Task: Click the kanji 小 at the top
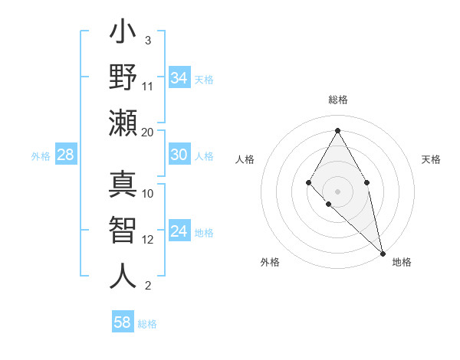123,34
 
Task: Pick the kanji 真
123,186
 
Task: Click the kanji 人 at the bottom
123,276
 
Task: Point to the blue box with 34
179,77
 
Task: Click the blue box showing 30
179,155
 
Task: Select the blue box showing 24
179,231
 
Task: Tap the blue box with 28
66,155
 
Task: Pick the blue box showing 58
123,322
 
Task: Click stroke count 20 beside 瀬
148,133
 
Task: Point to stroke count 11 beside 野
148,86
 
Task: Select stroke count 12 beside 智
148,240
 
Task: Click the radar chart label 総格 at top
337,100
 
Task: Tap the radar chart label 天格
431,159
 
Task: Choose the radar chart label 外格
270,262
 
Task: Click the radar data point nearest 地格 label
382,252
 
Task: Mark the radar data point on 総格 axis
337,129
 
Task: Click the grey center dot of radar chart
337,191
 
